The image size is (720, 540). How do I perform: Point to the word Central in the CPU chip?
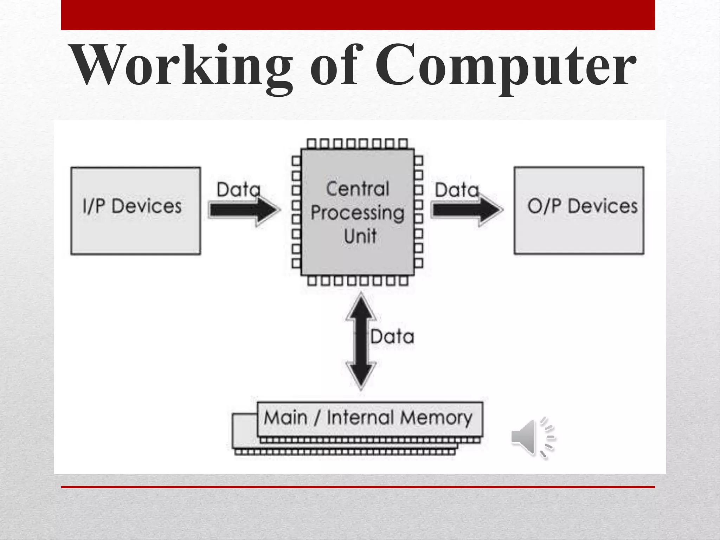pyautogui.click(x=358, y=189)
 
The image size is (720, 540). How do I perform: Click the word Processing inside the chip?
pyautogui.click(x=358, y=213)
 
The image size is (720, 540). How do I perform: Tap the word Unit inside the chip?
pyautogui.click(x=360, y=236)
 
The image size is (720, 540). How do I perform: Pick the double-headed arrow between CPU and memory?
pyautogui.click(x=361, y=341)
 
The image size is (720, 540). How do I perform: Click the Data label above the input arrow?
pyautogui.click(x=238, y=190)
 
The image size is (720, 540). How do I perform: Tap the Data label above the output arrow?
pyautogui.click(x=457, y=190)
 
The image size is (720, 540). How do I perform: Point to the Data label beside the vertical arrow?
pyautogui.click(x=392, y=337)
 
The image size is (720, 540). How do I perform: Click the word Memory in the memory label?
pyautogui.click(x=436, y=418)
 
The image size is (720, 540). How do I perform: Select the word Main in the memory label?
pyautogui.click(x=285, y=418)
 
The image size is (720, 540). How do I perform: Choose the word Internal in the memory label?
pyautogui.click(x=360, y=418)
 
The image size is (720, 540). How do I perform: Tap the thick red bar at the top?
pyautogui.click(x=358, y=15)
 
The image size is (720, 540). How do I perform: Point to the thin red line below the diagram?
pyautogui.click(x=358, y=487)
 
